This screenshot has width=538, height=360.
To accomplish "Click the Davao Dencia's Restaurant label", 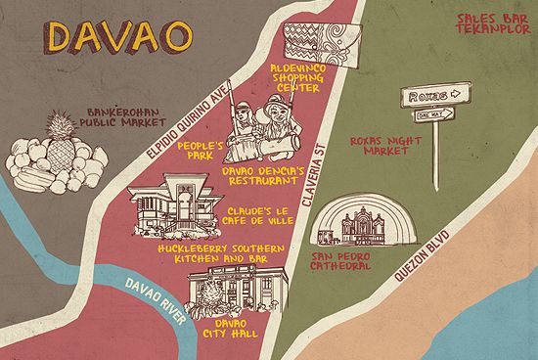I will coord(259,176).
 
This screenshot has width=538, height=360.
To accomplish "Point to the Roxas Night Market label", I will coord(376,146).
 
